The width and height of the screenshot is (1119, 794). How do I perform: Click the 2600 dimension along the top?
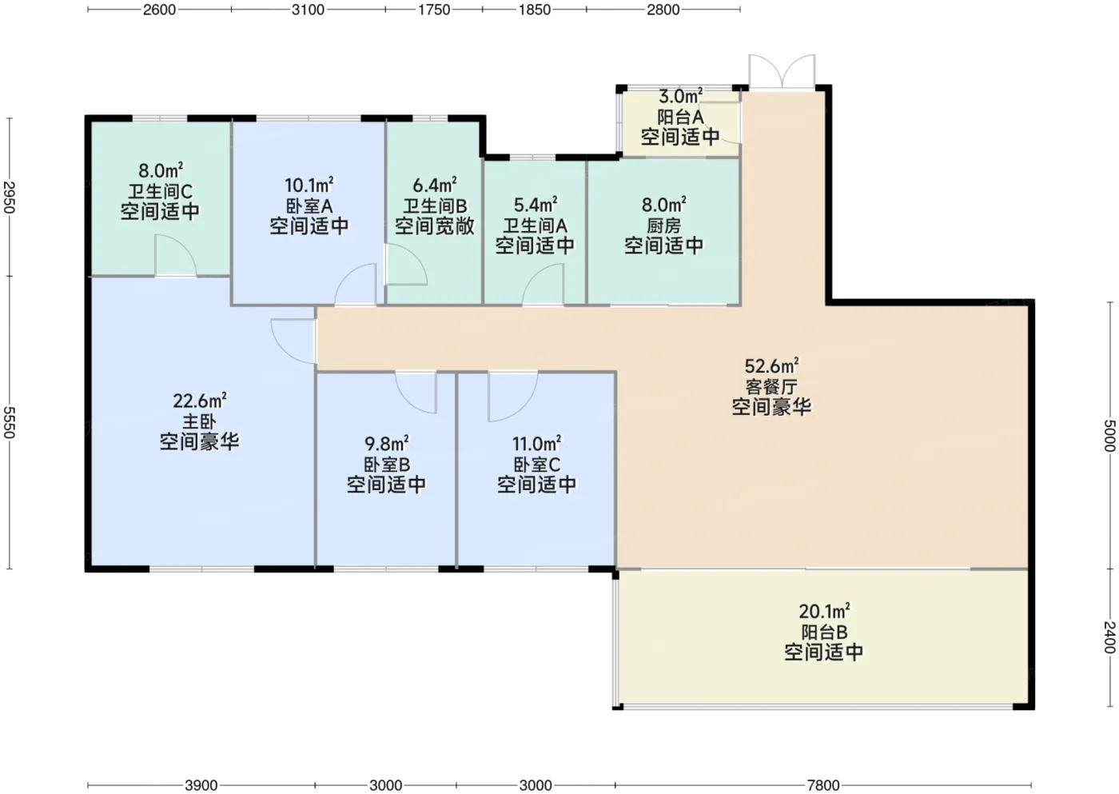tap(159, 10)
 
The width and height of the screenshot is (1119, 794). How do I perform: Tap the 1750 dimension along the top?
tap(434, 10)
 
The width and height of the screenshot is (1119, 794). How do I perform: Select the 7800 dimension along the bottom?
tap(823, 785)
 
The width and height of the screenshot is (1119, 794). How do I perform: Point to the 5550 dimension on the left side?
tap(9, 422)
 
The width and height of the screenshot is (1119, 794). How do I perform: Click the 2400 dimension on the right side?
tap(1109, 637)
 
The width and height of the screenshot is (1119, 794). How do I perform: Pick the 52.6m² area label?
tap(771, 365)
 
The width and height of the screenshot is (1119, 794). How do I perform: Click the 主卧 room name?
tap(199, 421)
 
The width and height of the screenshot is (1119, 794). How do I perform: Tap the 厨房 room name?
tap(663, 225)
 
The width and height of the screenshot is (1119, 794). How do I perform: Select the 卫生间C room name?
tap(160, 191)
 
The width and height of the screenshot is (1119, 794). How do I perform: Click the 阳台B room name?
tap(824, 632)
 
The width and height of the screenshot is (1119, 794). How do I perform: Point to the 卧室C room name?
tap(536, 465)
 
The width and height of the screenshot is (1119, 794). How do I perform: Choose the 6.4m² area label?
tap(434, 186)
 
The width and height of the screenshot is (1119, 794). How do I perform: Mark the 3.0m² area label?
tap(680, 95)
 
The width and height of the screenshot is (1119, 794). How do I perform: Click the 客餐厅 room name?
tap(771, 386)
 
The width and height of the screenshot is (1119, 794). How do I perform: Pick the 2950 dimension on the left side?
tap(9, 198)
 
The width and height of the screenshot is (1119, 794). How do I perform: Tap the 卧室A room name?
tap(309, 205)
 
